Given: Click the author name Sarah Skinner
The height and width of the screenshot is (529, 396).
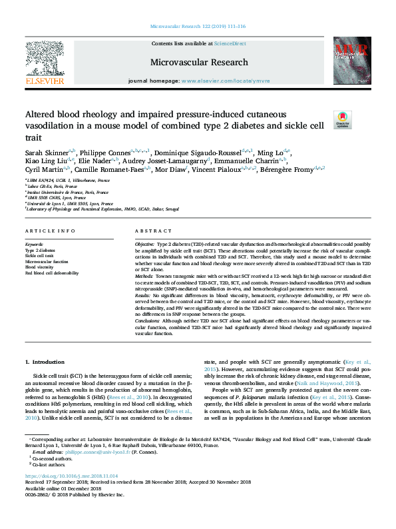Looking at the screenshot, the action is point(48,153).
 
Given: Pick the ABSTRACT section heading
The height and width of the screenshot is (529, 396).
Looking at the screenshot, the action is point(154,231).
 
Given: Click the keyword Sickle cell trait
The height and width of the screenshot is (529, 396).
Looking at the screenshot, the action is point(41,255).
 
